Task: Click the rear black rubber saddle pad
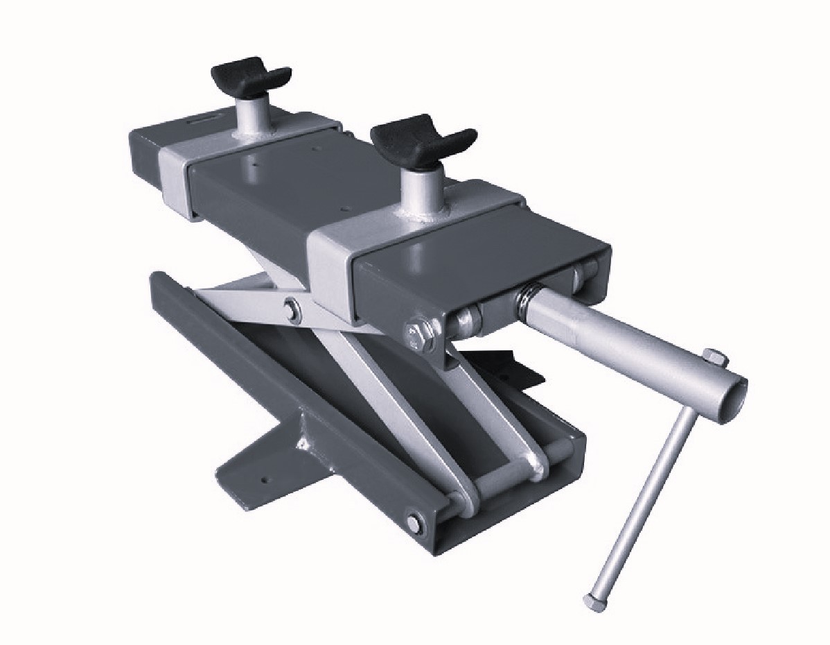(x=250, y=74)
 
